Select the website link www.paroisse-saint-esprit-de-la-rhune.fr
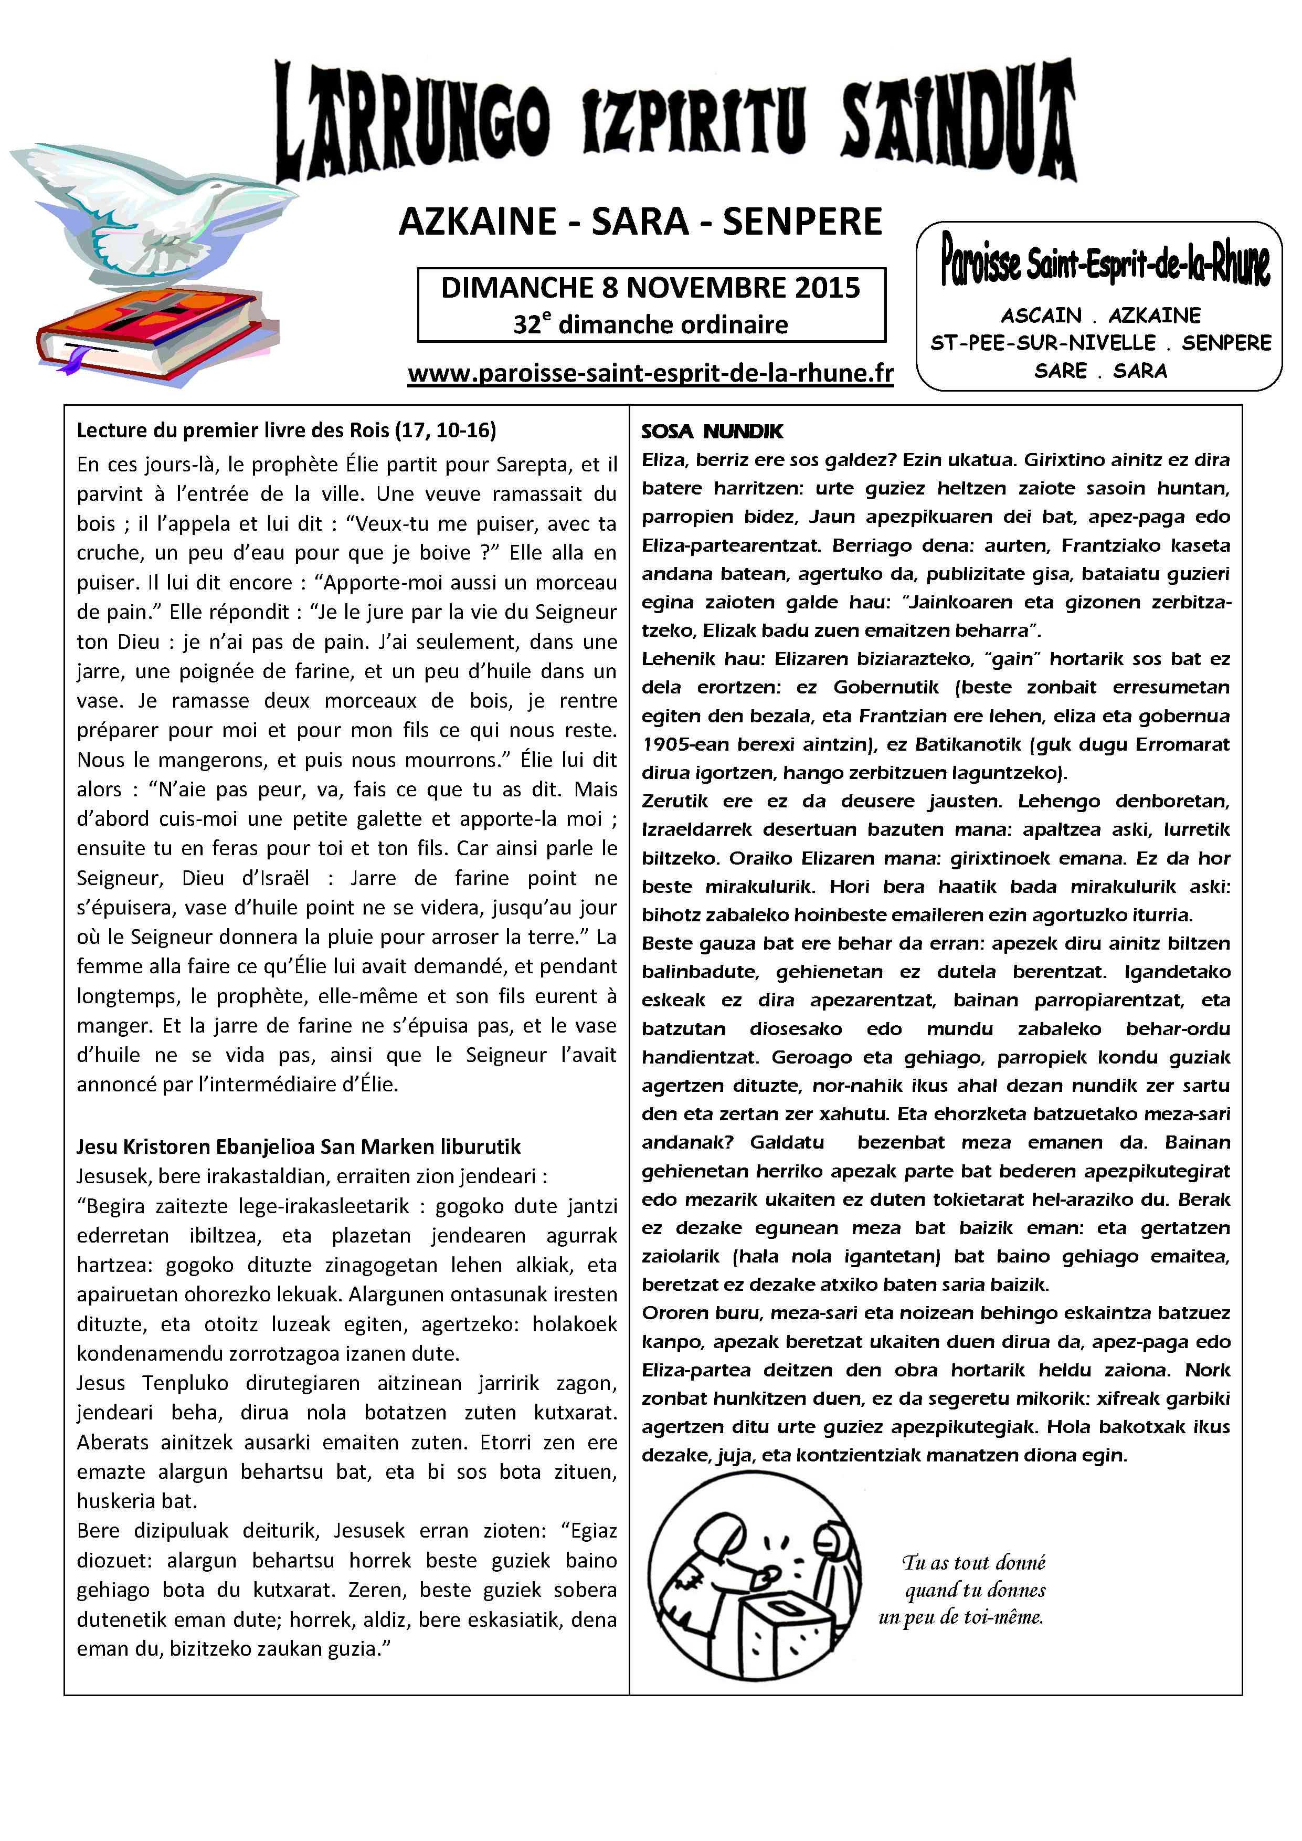[x=650, y=374]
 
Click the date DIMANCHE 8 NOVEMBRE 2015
[x=650, y=288]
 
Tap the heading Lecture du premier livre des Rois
[x=286, y=430]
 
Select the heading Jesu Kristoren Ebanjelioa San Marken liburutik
[x=298, y=1146]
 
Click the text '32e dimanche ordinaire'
[x=650, y=325]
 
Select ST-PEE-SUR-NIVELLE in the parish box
[x=1042, y=343]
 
